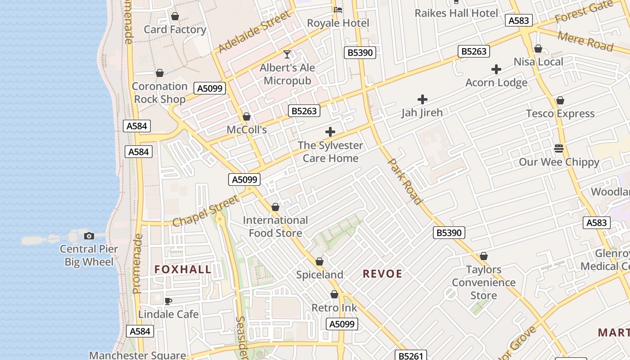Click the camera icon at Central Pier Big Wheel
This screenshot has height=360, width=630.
click(x=89, y=236)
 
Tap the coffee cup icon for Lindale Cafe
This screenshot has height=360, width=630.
click(x=168, y=301)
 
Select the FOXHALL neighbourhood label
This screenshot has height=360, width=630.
click(x=183, y=270)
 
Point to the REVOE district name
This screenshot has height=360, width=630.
click(x=382, y=274)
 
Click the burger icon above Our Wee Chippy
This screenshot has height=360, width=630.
click(x=559, y=148)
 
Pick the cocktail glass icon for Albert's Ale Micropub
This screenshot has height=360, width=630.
click(x=287, y=55)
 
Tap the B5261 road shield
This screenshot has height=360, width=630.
click(x=410, y=356)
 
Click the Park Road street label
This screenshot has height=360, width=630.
click(x=405, y=181)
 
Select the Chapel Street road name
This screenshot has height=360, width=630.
click(x=205, y=211)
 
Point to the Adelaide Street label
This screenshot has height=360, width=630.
click(x=255, y=31)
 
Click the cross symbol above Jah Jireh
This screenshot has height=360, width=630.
click(x=422, y=99)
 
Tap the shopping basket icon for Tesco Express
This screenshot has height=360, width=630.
click(x=560, y=100)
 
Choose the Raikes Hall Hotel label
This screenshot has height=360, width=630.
click(x=456, y=13)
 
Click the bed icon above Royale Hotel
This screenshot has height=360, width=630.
click(x=338, y=9)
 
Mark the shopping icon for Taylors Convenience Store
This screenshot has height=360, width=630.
click(x=484, y=256)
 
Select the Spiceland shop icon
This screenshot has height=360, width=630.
click(x=319, y=261)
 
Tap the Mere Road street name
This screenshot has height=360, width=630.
click(x=585, y=41)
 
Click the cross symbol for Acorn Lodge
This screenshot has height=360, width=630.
click(x=496, y=69)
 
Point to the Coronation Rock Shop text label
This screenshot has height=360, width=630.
click(x=160, y=93)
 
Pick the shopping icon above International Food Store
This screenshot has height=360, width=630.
click(x=275, y=207)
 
